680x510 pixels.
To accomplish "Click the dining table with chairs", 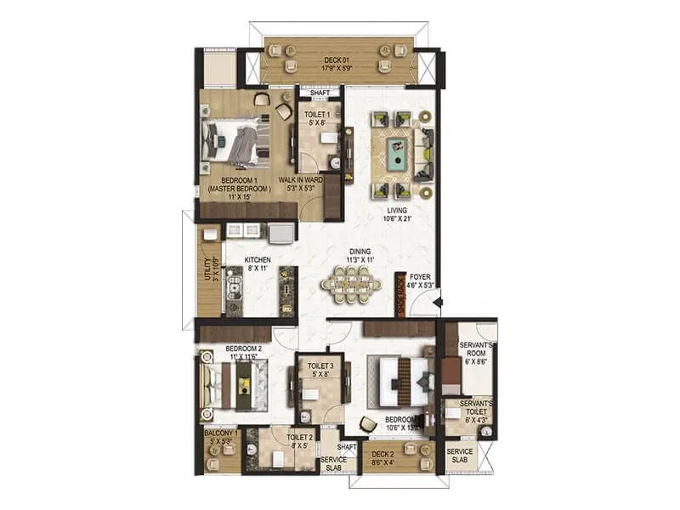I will (351, 285).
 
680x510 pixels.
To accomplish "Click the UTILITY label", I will (205, 269).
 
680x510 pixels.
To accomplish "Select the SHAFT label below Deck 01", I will (319, 94).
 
